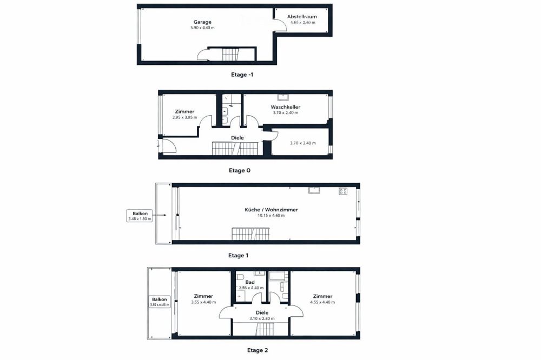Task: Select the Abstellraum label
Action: [302, 17]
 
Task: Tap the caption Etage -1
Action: [241, 75]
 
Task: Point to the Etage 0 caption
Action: [240, 170]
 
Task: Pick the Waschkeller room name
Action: [285, 107]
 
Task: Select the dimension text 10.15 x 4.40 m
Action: [271, 216]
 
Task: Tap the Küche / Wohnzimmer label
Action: [271, 209]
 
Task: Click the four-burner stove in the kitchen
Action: [342, 191]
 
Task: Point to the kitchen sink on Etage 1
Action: [314, 190]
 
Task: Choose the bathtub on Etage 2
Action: [279, 276]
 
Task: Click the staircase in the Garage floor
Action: [230, 55]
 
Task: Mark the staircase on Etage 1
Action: [249, 234]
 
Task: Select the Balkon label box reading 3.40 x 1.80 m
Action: [139, 216]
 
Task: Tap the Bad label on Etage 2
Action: [250, 282]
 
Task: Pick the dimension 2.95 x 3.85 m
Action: [184, 117]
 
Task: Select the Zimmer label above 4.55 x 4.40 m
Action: [322, 296]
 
